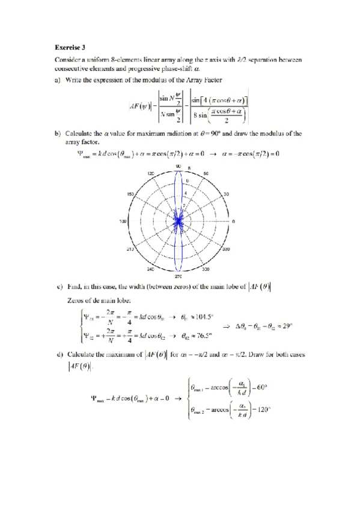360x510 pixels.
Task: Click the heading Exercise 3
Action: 69,46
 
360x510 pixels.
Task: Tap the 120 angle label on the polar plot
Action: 151,173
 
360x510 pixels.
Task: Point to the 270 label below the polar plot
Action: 178,277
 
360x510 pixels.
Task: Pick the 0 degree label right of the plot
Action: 234,221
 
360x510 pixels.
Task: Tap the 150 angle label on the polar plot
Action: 130,194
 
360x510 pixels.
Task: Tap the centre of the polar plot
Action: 178,221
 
